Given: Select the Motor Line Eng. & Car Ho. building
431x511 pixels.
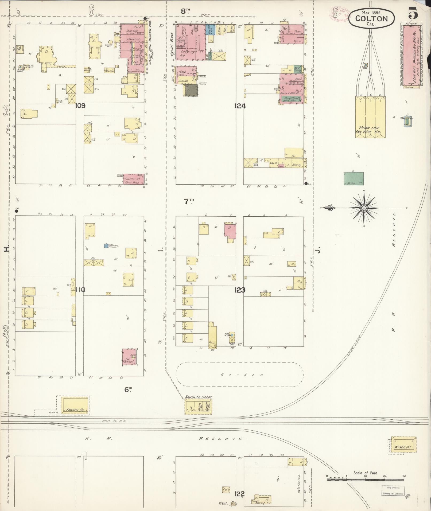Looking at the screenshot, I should [x=370, y=117].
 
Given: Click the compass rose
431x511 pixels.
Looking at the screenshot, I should [x=364, y=208].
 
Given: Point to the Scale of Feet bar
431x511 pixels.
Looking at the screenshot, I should [x=366, y=479].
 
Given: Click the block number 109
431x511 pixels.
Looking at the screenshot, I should [x=80, y=106].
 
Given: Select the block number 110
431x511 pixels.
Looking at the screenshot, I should [x=80, y=290].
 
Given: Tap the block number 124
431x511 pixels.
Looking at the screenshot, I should [x=240, y=106].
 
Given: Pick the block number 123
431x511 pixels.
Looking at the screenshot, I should [x=240, y=290].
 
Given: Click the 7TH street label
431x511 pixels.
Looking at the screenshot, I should [x=189, y=202].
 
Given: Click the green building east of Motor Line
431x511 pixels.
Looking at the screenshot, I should [x=354, y=179].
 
